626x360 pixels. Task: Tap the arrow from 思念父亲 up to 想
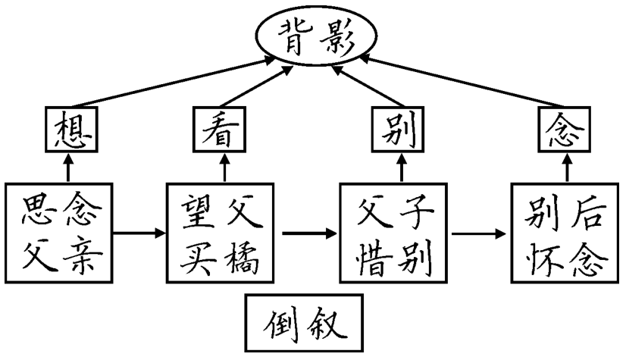(x=69, y=167)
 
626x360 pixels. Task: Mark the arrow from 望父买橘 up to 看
(x=224, y=167)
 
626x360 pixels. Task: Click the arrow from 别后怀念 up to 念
(x=563, y=167)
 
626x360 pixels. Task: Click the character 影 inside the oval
(x=340, y=37)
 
